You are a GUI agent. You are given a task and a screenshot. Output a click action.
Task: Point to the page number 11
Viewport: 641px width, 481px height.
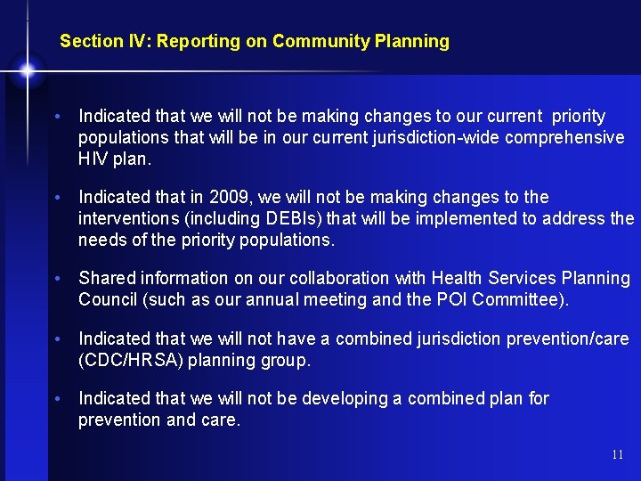[618, 454]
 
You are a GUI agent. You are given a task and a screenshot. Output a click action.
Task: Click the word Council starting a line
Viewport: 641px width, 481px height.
[108, 299]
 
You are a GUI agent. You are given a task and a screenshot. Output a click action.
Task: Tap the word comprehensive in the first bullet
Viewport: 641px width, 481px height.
[570, 138]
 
